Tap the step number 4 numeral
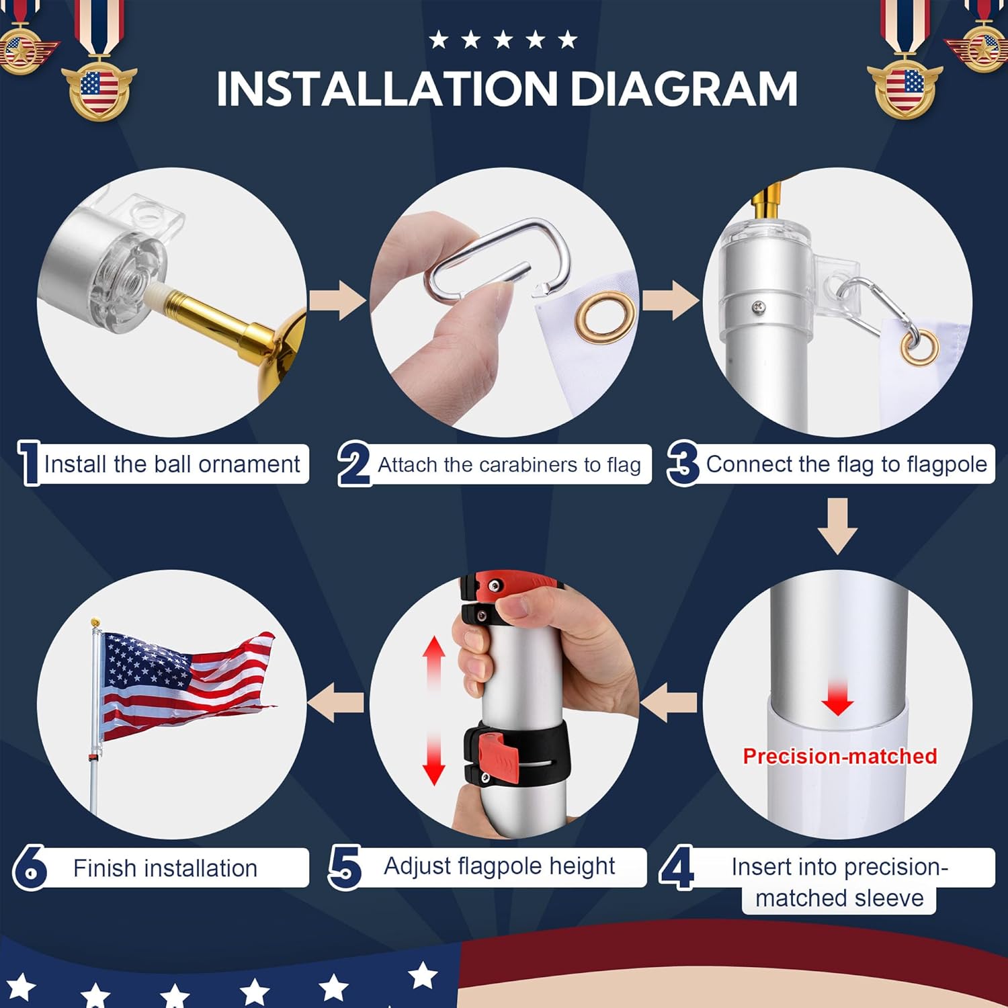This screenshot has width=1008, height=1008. point(677,868)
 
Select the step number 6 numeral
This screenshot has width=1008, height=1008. point(30,868)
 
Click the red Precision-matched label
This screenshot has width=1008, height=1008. point(839,757)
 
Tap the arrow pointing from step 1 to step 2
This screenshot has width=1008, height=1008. point(338,300)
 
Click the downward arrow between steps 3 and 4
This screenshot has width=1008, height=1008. point(837,526)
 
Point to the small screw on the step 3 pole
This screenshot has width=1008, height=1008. point(759,307)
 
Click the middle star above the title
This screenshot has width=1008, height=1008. point(503,40)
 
